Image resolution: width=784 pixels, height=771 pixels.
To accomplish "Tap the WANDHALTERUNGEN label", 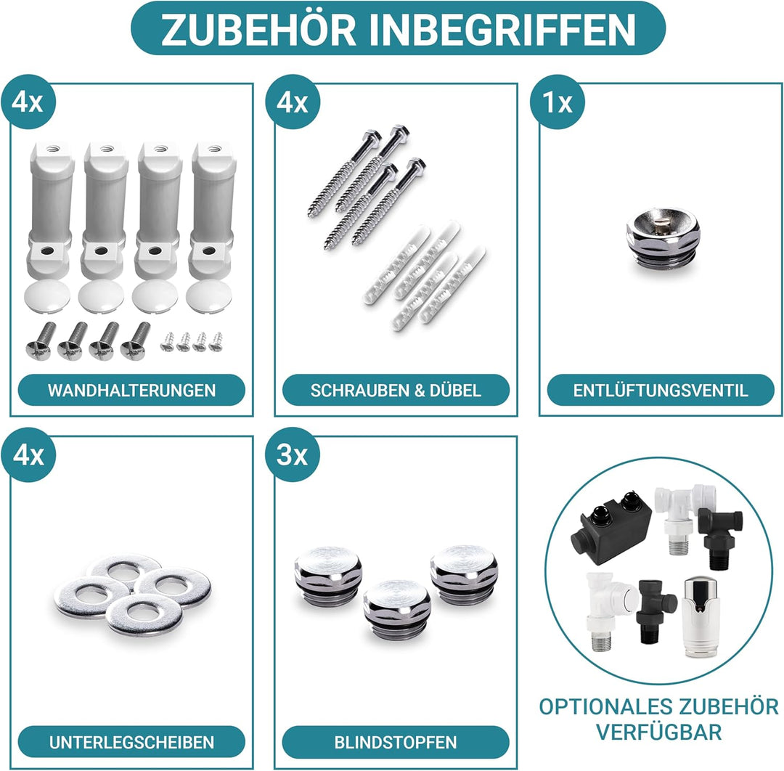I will (131, 390).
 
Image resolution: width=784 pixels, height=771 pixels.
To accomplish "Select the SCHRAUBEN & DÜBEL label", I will (396, 390).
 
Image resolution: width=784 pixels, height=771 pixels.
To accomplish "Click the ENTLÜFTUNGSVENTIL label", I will (660, 390).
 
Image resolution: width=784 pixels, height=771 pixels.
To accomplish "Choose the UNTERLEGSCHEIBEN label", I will (131, 742).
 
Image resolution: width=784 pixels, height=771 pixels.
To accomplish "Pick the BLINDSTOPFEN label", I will (396, 742).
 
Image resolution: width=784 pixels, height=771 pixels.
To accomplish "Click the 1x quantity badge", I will (558, 102).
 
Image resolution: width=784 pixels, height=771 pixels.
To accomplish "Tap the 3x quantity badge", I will (293, 455).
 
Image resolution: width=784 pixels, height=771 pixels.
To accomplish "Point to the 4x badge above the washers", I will (28, 455).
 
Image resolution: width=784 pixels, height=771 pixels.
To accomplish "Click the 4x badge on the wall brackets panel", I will (28, 102).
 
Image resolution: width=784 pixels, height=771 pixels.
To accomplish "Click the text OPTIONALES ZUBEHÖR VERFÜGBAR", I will (658, 718).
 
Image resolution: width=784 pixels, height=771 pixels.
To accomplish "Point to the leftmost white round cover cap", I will (48, 295).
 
